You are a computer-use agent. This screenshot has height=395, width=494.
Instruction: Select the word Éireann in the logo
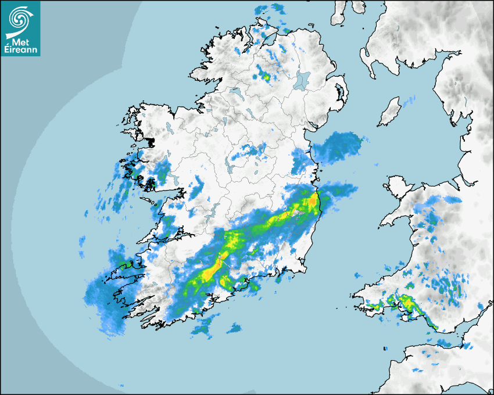[x=20, y=51]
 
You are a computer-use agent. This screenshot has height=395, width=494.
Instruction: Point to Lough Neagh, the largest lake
[x=303, y=80]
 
